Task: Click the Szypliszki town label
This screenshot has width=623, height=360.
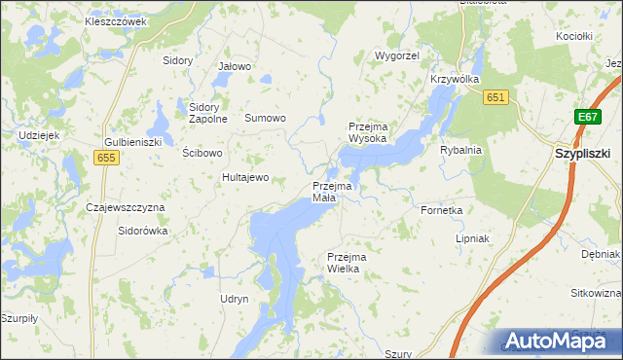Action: [x=583, y=154]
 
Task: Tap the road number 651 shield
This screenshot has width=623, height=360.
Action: [x=495, y=97]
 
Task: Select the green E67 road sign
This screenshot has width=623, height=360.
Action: [x=586, y=117]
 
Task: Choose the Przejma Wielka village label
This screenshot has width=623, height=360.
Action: [x=345, y=263]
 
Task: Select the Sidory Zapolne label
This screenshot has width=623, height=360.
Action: [x=207, y=113]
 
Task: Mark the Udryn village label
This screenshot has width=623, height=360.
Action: [x=235, y=299]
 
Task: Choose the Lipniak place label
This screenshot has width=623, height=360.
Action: [x=471, y=238]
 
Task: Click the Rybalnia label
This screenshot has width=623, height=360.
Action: [x=460, y=151]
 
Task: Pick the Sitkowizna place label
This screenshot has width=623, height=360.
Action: [x=596, y=293]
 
